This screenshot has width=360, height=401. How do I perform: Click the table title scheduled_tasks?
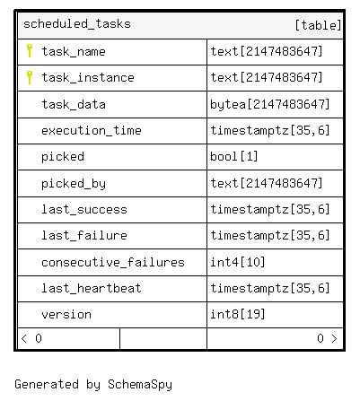77,24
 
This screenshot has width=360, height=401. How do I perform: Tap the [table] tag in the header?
318,25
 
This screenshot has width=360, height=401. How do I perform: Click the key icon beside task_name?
30,50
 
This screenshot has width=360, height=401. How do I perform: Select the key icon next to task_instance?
30,77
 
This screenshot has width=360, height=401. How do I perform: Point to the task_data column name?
74,104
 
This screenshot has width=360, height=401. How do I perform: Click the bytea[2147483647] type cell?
270,104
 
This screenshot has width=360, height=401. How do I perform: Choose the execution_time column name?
92,130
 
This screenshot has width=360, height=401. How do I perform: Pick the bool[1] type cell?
234,156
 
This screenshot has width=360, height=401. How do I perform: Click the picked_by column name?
74,184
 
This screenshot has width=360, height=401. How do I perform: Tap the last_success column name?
84,209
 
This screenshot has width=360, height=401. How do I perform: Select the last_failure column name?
84,235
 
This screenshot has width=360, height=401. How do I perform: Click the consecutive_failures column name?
113,262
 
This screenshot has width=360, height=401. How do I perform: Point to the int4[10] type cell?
238,262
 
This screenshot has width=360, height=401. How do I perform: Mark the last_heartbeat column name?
92,288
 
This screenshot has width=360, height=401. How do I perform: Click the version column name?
66,315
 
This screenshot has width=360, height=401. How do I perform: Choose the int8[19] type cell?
238,314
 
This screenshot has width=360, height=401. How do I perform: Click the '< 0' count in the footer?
31,338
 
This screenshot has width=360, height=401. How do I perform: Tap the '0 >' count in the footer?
327,338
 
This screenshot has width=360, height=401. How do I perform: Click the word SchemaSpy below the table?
140,385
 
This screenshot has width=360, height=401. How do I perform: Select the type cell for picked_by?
267,183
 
